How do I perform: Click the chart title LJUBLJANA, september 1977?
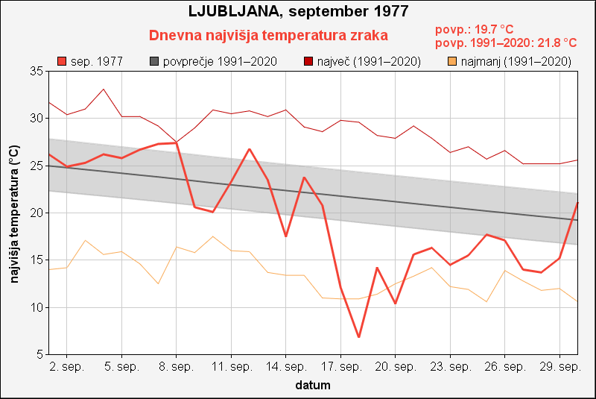[298, 13]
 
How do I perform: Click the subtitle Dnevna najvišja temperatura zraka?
[268, 36]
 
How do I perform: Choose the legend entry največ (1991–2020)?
[363, 61]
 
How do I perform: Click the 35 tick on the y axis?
[37, 71]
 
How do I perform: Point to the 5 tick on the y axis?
[40, 355]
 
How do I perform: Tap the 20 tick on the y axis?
[37, 213]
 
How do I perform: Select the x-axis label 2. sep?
[68, 367]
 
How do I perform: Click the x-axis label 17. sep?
[341, 367]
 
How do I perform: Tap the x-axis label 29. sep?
[560, 367]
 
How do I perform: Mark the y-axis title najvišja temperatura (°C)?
[13, 213]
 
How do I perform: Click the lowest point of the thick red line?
[359, 337]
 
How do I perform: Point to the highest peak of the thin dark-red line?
[104, 89]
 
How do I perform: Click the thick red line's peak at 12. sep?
[250, 149]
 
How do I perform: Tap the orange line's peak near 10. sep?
[213, 236]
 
